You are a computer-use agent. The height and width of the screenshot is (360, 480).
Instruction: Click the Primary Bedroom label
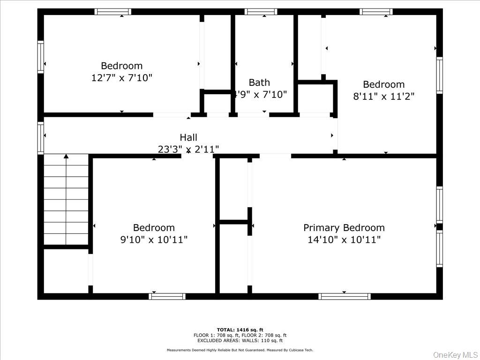tap(344, 228)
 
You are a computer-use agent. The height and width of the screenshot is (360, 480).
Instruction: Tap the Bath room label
tap(259, 82)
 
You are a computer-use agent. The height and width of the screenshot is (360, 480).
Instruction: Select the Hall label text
tap(188, 137)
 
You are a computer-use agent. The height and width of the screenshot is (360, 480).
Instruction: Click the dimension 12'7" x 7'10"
tap(122, 78)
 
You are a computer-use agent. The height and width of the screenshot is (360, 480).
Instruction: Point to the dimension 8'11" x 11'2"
tap(383, 97)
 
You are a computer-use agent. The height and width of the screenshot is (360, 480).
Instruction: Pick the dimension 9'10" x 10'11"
tap(154, 240)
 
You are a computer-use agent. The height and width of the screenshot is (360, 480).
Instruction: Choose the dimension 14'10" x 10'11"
tap(344, 240)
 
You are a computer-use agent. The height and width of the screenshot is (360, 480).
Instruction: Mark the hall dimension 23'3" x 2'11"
tap(188, 149)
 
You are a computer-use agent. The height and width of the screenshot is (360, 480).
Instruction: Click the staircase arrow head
tap(66, 157)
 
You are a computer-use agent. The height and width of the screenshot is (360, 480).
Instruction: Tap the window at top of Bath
tap(261, 12)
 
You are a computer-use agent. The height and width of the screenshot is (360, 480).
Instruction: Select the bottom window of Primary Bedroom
tap(345, 296)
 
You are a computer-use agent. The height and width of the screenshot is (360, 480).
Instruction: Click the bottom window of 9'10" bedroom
tap(167, 296)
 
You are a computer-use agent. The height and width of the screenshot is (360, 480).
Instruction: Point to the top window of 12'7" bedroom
tap(113, 12)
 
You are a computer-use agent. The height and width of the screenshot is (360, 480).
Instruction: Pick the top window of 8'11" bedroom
tap(376, 12)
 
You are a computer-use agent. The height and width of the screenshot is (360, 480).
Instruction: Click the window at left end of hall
tap(41, 138)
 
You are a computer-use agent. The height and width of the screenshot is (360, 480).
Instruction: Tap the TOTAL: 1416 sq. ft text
tap(240, 330)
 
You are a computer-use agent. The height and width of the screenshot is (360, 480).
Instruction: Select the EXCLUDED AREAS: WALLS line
tap(240, 341)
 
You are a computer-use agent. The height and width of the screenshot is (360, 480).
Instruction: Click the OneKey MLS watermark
tap(454, 354)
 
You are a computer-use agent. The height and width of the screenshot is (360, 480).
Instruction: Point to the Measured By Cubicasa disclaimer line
tap(240, 350)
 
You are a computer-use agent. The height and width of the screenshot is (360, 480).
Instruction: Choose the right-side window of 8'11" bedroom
tap(439, 75)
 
